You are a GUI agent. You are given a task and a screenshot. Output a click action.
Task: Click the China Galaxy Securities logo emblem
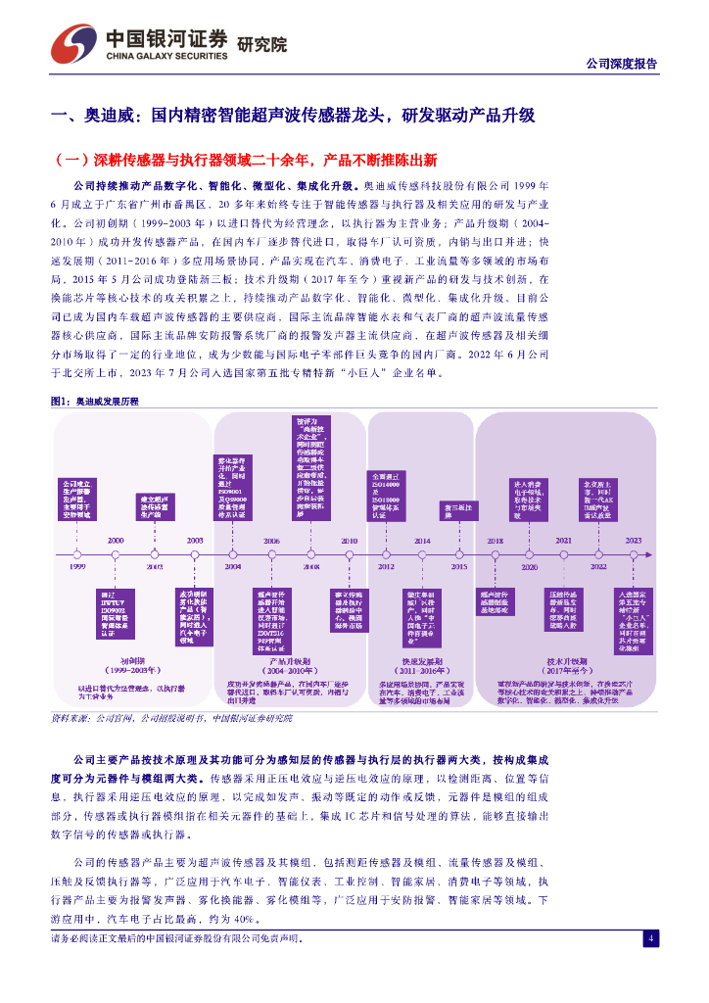coord(74,43)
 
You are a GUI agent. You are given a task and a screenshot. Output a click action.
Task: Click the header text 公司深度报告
coord(621,64)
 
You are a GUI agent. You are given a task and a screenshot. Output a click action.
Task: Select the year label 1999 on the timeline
coord(77,567)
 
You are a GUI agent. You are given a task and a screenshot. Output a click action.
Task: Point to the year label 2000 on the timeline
coord(116,541)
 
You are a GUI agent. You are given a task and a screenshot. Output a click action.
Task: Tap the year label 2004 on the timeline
coord(233,567)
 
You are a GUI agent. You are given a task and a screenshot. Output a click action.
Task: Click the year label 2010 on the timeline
coord(349,541)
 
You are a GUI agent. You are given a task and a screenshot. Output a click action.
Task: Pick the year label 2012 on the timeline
coord(386,567)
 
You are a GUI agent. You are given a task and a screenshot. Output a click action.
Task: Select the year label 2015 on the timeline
coord(459,567)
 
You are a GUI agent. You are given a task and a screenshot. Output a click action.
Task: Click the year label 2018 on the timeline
coord(496,541)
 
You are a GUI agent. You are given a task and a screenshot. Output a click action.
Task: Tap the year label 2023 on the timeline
coord(634,541)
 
